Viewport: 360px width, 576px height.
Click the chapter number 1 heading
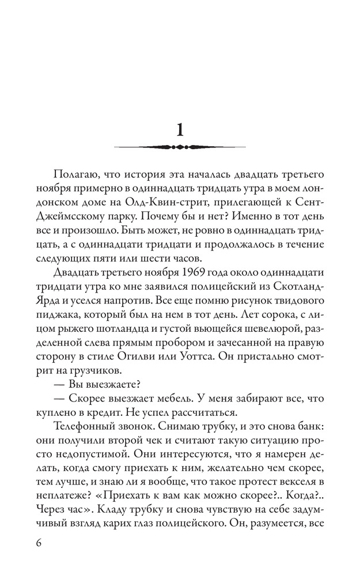[180, 129]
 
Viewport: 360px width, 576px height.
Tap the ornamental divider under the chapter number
[180, 147]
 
